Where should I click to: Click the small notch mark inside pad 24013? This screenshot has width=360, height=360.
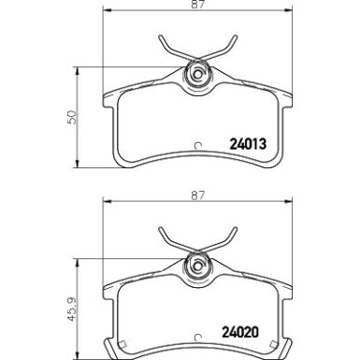[x=196, y=145]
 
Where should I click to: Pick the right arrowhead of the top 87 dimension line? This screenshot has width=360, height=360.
[x=291, y=17]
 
